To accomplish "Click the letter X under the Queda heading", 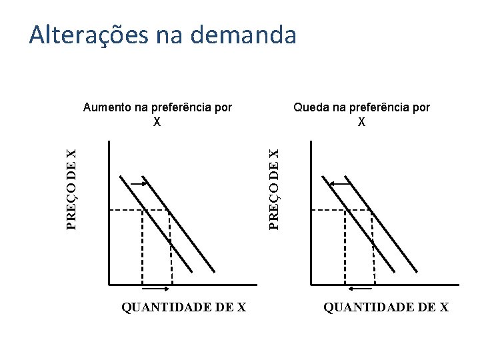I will (361, 122).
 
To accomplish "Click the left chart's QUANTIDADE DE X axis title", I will (184, 307).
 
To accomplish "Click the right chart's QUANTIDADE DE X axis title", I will (386, 307).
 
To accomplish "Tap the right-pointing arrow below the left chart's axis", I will (157, 289).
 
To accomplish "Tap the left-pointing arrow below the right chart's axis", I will (361, 289).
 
